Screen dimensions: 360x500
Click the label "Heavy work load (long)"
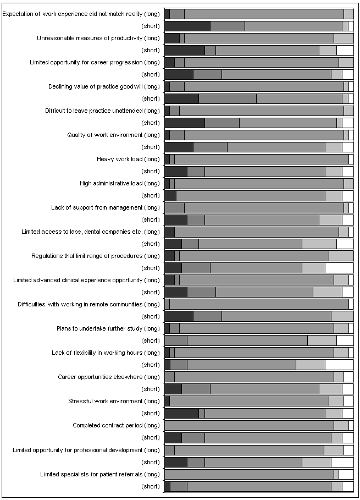128,159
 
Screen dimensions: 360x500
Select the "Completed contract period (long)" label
117,425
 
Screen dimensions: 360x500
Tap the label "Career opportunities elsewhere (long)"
109,377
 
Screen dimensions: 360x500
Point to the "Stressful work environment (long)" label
114,401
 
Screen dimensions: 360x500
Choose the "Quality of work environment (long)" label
113,135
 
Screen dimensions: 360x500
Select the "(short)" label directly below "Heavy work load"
151,171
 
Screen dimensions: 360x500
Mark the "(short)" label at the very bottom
151,486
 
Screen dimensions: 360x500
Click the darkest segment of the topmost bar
167,14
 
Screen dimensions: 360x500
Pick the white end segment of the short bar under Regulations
339,268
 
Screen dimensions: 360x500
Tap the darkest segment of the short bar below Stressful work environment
182,413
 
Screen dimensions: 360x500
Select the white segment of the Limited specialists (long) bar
346,474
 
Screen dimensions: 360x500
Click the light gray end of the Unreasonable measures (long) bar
344,39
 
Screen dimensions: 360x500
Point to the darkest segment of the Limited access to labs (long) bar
170,232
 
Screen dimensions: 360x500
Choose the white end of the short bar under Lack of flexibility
339,365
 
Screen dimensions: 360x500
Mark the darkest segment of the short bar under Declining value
182,99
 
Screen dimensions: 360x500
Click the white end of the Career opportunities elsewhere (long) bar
348,377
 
